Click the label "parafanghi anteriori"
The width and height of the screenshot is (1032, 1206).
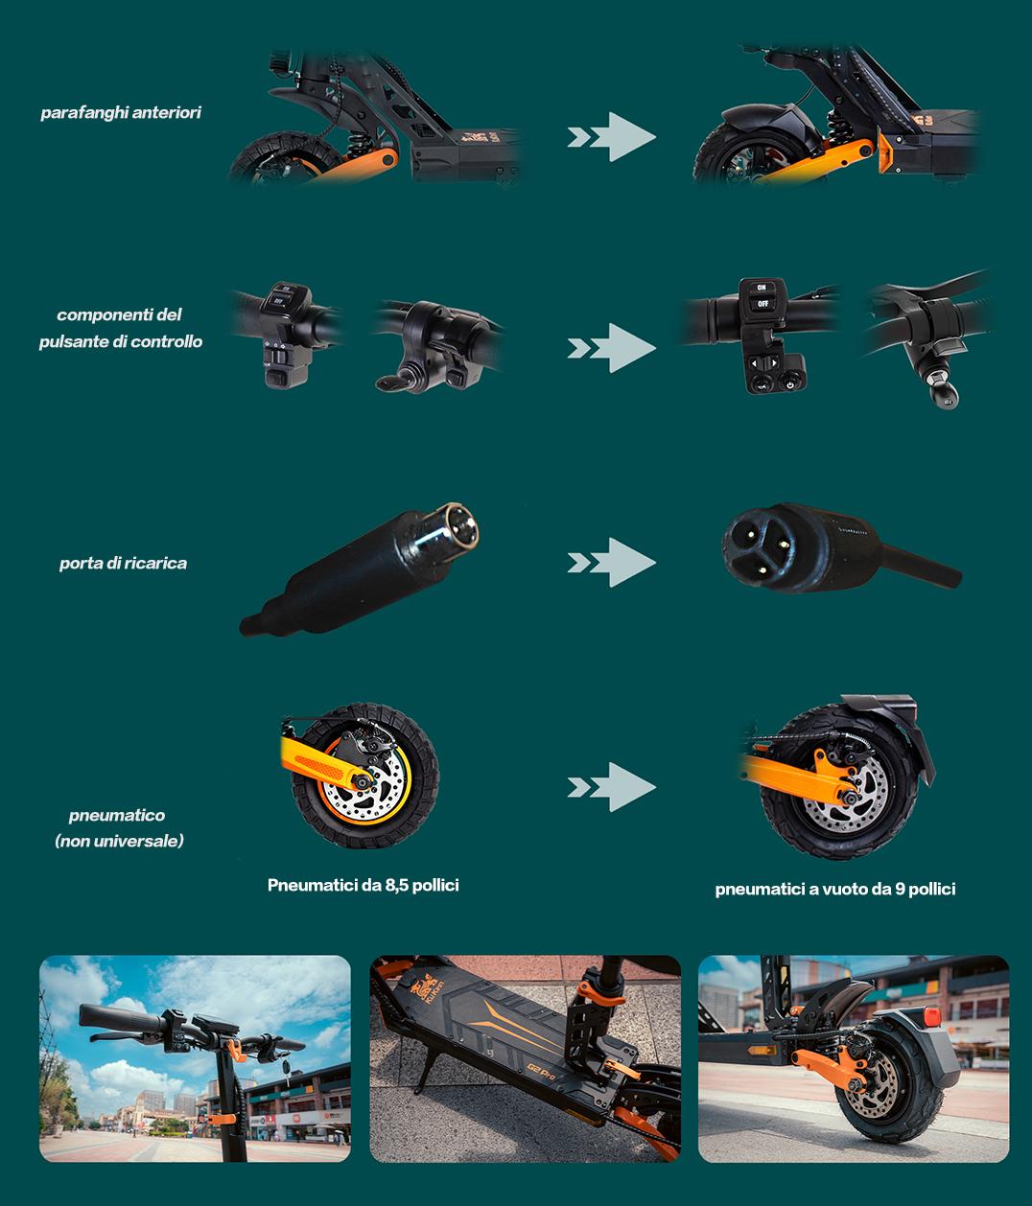point(121,112)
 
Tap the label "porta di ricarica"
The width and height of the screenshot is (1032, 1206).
point(123,563)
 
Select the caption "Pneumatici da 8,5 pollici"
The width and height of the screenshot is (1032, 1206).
point(364,885)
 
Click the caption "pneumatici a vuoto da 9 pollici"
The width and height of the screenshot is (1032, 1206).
point(835,890)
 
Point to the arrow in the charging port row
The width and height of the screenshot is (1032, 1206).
point(611,563)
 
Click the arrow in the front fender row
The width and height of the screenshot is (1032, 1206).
point(611,137)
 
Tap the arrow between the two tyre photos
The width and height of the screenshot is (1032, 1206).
point(611,787)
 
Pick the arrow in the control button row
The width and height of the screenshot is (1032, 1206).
point(611,348)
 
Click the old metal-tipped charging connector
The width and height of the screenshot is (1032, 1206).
point(359,568)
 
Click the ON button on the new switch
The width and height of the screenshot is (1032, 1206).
point(762,288)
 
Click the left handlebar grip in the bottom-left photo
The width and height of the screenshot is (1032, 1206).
point(122,1019)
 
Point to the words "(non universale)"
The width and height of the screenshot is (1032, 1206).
point(119,841)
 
